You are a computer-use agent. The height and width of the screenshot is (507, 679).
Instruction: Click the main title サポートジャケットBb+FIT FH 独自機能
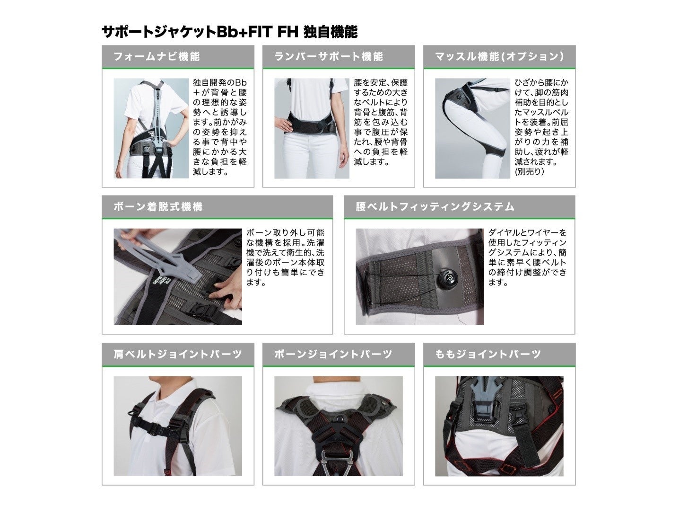click(229, 32)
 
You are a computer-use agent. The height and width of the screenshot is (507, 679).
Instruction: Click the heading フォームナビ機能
click(157, 56)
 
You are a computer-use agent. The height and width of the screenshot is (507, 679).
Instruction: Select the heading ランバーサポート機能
click(329, 56)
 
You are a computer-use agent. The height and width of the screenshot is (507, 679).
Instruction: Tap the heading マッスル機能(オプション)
click(499, 56)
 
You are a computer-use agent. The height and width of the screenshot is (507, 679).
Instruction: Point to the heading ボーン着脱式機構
click(158, 206)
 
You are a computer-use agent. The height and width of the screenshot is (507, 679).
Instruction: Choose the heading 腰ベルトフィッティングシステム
click(435, 206)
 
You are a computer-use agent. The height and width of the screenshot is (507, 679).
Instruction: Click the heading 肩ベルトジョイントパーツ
click(178, 354)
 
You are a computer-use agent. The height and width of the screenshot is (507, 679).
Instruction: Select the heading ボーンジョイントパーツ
click(333, 354)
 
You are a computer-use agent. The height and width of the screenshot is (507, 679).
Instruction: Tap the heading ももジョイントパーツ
click(488, 354)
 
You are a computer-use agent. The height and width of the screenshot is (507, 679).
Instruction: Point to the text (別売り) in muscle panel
click(529, 171)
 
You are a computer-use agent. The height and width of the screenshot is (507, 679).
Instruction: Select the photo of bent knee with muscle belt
click(472, 128)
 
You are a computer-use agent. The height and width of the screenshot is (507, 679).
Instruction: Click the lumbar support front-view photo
click(312, 128)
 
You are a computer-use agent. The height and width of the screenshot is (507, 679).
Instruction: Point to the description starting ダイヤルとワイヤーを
click(527, 258)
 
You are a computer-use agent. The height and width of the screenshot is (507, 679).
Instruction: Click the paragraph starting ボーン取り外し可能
click(285, 258)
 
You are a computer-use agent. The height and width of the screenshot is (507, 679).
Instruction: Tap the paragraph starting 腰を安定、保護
click(381, 122)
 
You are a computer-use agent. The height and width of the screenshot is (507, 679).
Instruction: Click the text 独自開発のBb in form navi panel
click(219, 83)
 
